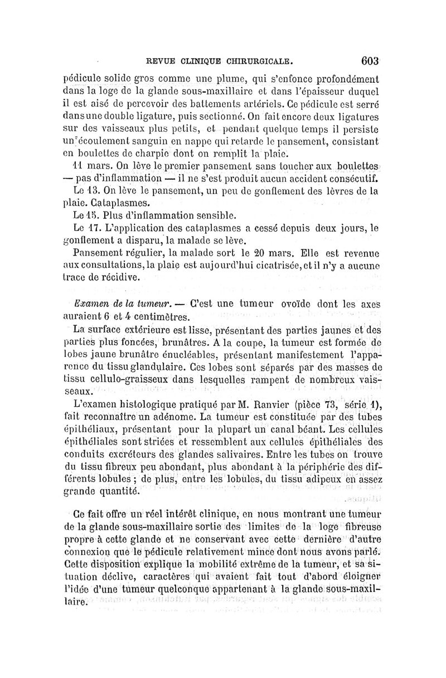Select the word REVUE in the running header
[158, 61]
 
